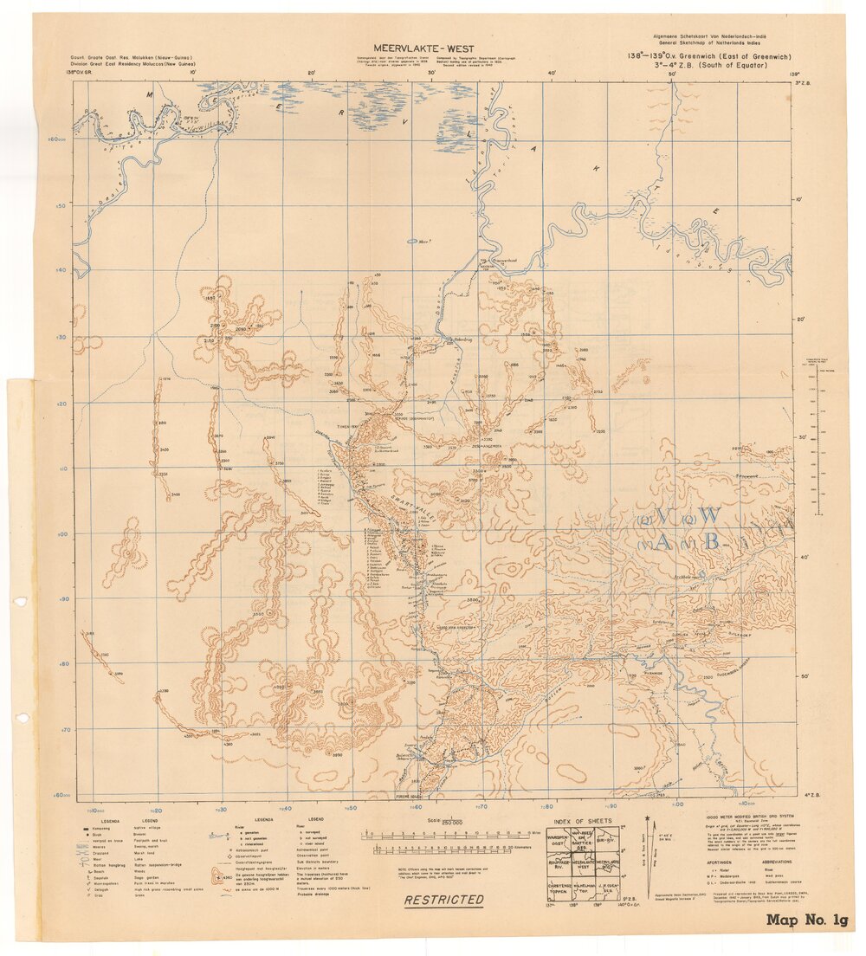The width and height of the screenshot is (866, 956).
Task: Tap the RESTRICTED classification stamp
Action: pos(444,900)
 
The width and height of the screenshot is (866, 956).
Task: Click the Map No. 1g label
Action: pos(806,920)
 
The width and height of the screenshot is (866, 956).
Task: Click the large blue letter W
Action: pos(709,515)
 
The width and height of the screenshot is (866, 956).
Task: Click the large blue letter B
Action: pos(712,542)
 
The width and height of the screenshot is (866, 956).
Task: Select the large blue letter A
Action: pos(663,543)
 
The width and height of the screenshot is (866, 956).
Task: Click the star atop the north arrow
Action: pos(647,817)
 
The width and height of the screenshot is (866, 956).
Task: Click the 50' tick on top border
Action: pos(672,74)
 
